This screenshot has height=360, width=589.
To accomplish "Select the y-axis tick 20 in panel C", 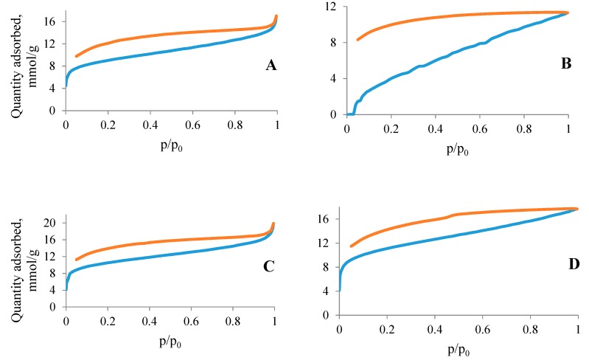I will click(x=52, y=223).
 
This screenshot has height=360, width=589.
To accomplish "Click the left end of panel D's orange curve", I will click(x=351, y=246).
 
